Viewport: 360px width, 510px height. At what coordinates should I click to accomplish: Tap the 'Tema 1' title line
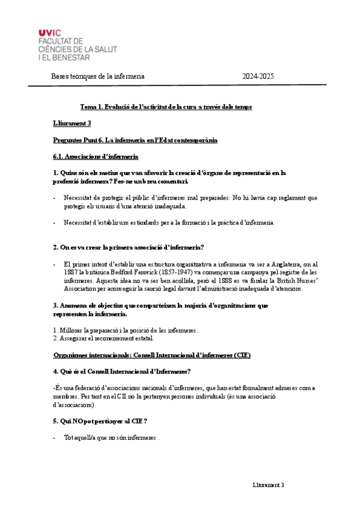(x=166, y=106)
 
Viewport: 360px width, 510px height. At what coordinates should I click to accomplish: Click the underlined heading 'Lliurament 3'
(x=72, y=123)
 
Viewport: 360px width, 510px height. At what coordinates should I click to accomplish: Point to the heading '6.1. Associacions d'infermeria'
(x=96, y=156)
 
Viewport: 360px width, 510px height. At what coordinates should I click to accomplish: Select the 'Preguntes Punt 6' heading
(x=135, y=140)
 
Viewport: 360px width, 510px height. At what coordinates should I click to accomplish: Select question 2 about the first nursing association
(x=129, y=247)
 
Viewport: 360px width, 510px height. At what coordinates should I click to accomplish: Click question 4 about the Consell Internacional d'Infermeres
(x=122, y=371)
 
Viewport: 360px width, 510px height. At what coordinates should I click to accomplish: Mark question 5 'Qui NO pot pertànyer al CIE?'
(x=100, y=421)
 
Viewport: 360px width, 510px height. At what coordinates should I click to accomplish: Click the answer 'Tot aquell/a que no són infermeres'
(x=111, y=438)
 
